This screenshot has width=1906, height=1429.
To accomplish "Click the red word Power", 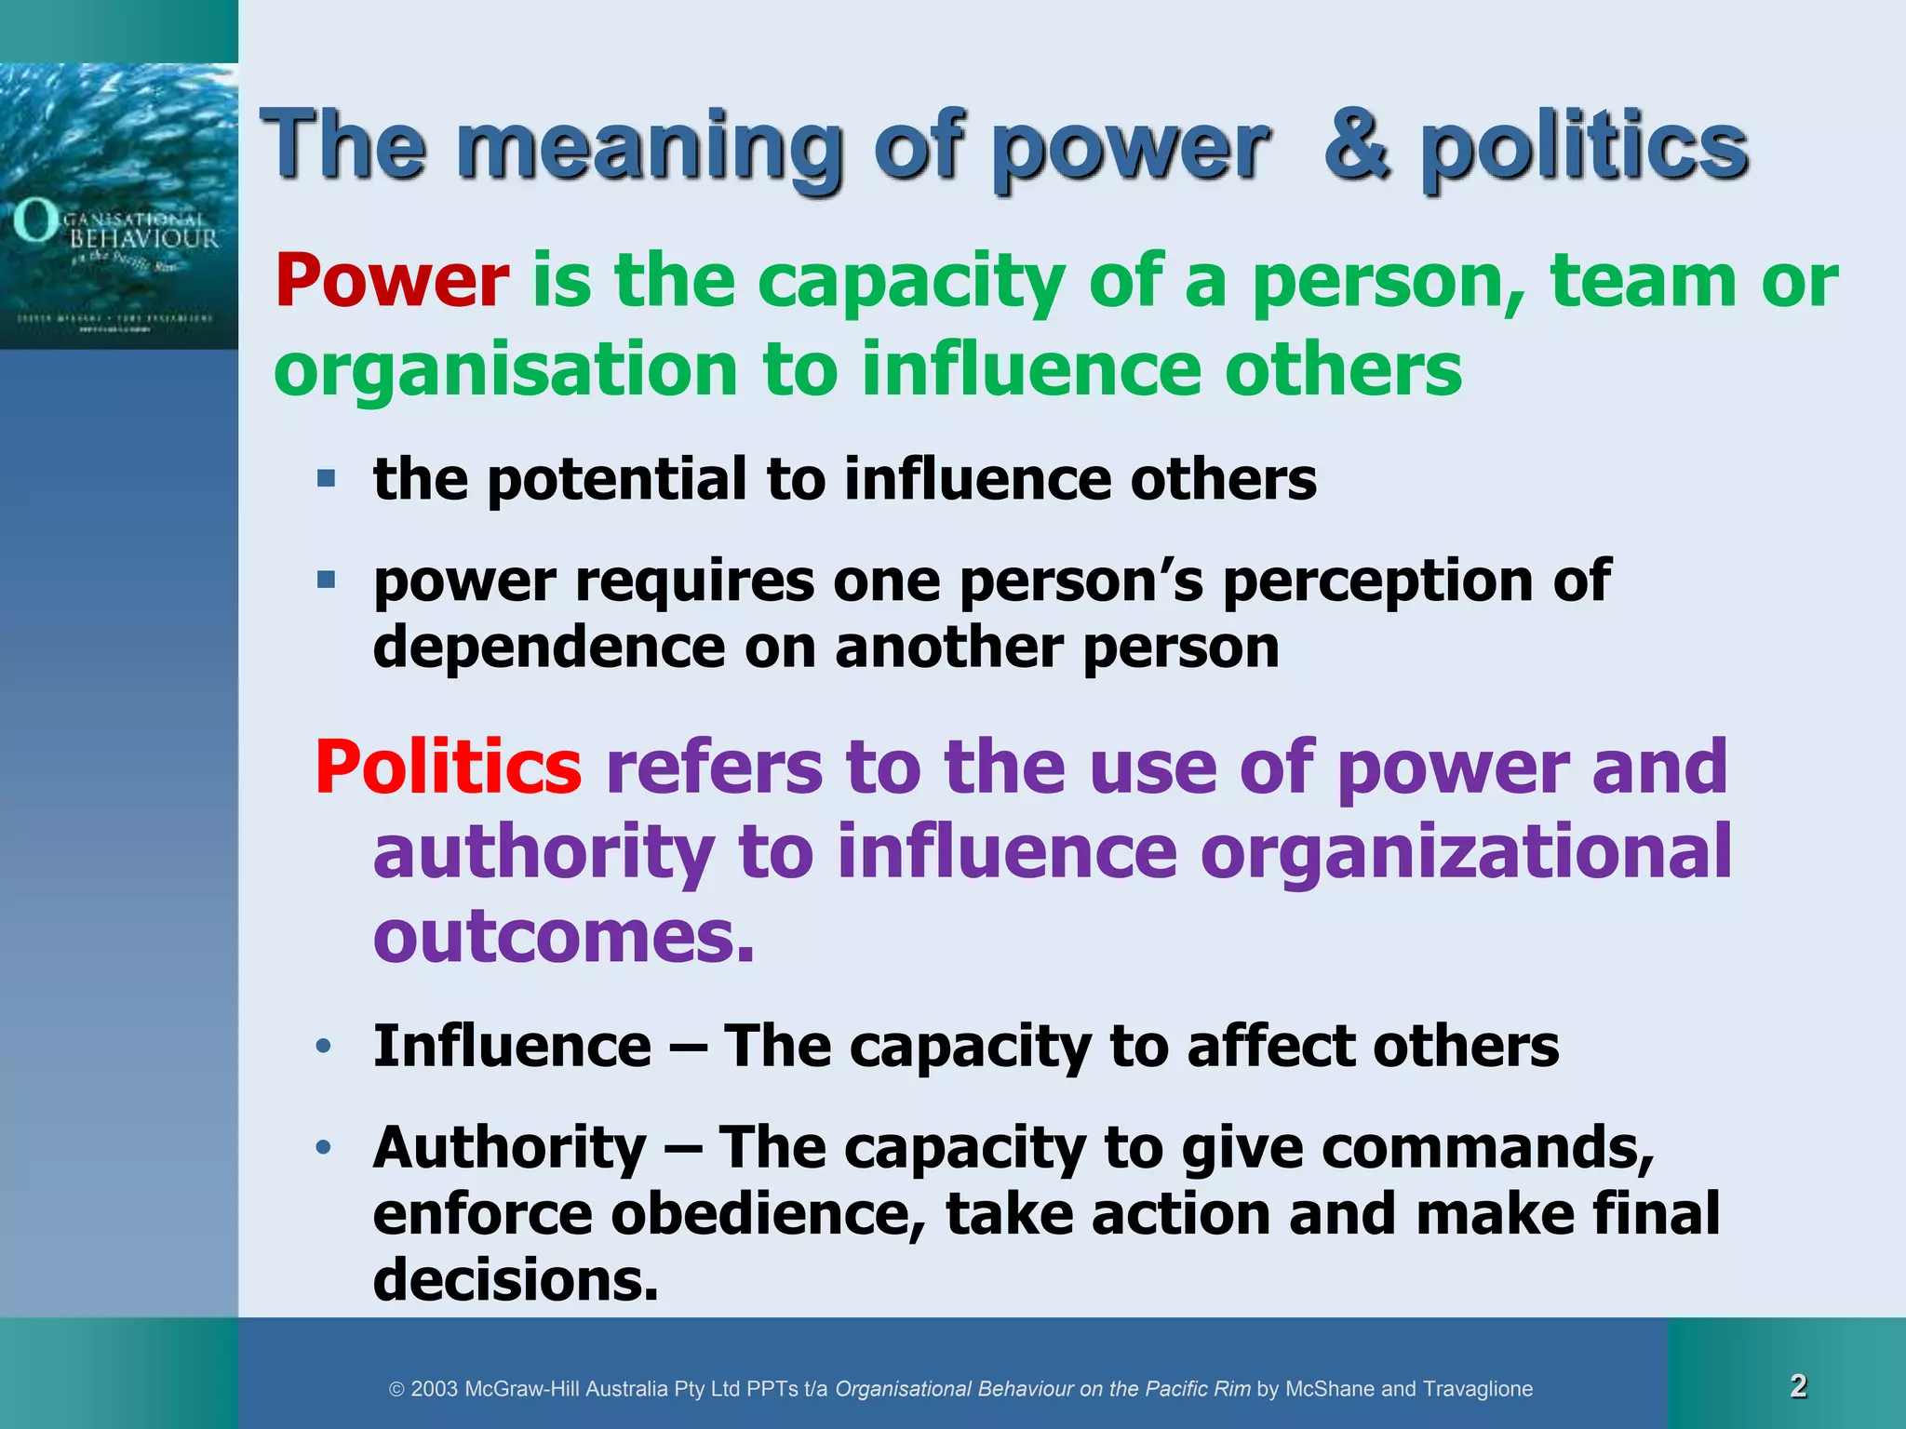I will (392, 281).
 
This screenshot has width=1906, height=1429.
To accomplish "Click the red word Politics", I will (449, 768).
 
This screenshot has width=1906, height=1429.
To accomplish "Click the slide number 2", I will (1798, 1386).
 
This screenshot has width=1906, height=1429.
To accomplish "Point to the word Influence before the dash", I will (512, 1046).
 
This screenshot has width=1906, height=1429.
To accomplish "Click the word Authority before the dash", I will (509, 1147).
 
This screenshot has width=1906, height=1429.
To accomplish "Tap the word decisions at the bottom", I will (516, 1279).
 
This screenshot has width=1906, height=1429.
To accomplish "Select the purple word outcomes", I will (563, 937).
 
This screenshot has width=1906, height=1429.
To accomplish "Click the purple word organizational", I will (1466, 852).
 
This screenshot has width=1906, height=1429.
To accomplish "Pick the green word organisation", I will (506, 370).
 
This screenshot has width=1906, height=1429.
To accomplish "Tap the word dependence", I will (548, 648).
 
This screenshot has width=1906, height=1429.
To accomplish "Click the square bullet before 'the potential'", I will (326, 479).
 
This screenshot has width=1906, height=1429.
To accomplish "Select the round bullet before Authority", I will (323, 1147).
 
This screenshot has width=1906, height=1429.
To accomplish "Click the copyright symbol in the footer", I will (396, 1390).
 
